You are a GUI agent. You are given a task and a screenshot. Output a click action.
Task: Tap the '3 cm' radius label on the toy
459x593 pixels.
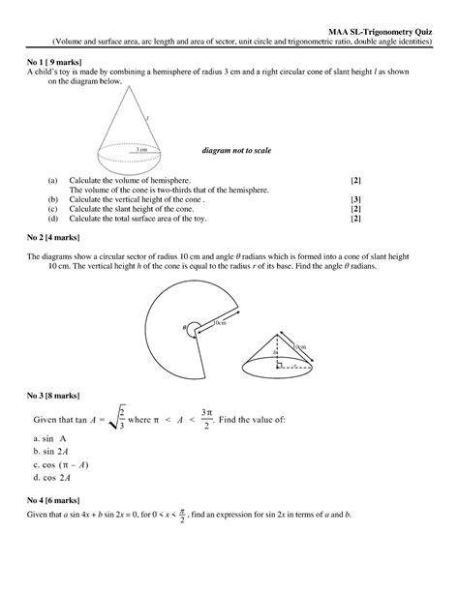click(141, 150)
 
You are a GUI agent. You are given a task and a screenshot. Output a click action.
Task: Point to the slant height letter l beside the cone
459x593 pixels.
click(174, 118)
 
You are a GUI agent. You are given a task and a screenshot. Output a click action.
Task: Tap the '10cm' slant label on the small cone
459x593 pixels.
click(298, 344)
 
